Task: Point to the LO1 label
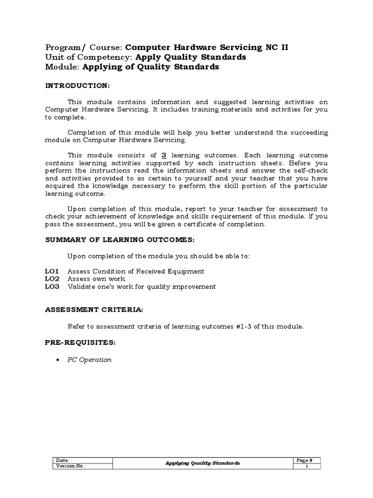click(x=51, y=271)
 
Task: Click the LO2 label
click(x=51, y=279)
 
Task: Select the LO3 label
click(x=51, y=287)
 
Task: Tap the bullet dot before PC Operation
click(x=58, y=360)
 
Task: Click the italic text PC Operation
click(x=89, y=360)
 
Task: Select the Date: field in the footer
click(x=63, y=460)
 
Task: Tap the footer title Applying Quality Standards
click(x=203, y=463)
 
